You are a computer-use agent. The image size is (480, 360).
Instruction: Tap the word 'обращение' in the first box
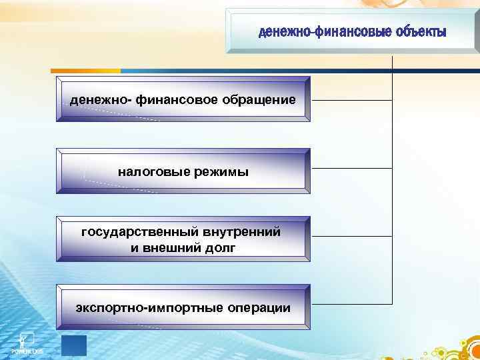pos(261,99)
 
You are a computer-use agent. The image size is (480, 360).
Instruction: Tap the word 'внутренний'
pos(242,232)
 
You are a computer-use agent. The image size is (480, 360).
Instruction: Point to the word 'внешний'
pos(169,248)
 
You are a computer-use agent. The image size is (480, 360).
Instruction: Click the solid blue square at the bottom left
pos(73,347)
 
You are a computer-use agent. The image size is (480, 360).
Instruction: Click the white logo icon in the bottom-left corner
pos(26,339)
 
